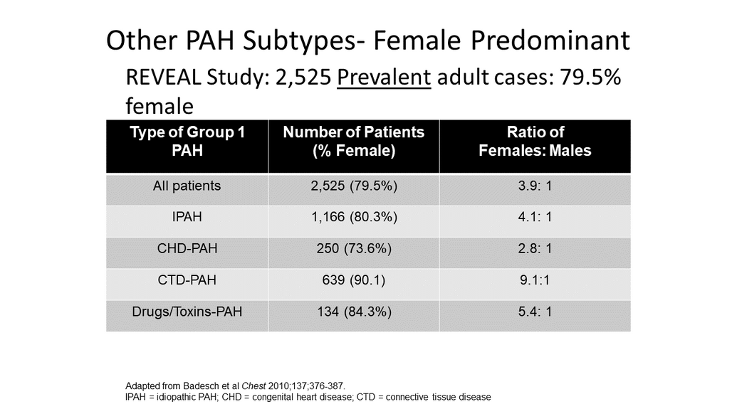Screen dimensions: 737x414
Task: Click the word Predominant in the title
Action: (x=550, y=41)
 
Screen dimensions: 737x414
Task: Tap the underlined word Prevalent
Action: (x=384, y=78)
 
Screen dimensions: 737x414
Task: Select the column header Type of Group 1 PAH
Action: (x=187, y=142)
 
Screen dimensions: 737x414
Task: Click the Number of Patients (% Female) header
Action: (x=354, y=142)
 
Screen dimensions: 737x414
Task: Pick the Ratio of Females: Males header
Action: (x=535, y=142)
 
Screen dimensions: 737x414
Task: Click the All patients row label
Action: (x=187, y=186)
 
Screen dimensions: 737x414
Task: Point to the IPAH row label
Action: (x=187, y=217)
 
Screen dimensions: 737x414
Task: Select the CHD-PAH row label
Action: (x=187, y=248)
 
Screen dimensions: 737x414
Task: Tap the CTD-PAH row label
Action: (x=187, y=280)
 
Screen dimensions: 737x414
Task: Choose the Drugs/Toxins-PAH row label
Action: (x=187, y=312)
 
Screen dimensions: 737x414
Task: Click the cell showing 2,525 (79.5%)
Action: (x=354, y=186)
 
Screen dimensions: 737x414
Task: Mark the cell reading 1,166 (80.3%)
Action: (x=354, y=218)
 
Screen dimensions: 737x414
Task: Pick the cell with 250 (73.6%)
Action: (x=354, y=249)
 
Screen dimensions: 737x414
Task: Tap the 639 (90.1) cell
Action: (x=353, y=280)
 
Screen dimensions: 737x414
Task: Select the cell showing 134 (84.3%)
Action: (x=354, y=312)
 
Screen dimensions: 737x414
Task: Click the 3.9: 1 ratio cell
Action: (x=535, y=186)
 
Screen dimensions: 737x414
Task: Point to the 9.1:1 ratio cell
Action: (x=535, y=280)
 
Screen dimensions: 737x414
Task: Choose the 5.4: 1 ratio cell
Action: (x=535, y=312)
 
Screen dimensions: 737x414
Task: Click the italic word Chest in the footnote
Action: (x=253, y=386)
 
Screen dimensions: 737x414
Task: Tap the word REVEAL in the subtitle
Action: (x=163, y=78)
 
